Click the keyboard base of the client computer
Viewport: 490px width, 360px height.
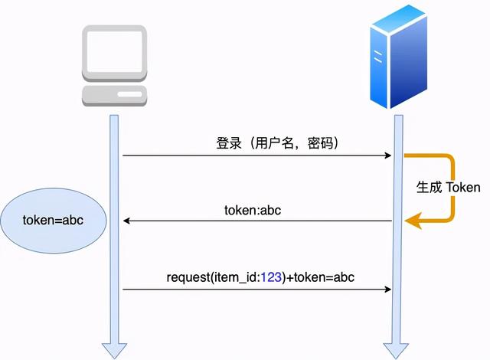pos(115,96)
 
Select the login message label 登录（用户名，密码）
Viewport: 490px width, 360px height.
pos(278,143)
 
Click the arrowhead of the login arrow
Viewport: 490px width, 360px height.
pos(388,155)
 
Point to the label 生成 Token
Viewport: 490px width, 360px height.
pos(448,187)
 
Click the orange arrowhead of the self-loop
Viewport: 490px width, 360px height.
pos(412,221)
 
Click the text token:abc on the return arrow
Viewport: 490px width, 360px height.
pos(253,209)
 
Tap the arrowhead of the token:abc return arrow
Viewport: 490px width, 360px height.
pos(127,221)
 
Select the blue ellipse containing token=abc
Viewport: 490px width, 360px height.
pos(52,221)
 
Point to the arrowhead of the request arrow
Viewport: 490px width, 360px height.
pos(388,290)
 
